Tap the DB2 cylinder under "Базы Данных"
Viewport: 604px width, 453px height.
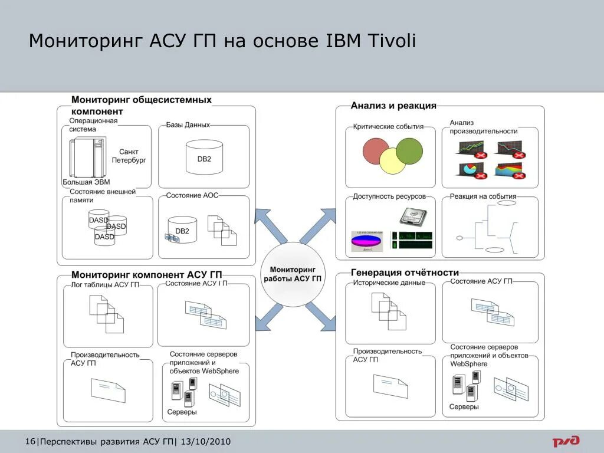coord(204,157)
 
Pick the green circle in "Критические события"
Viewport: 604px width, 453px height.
coord(409,151)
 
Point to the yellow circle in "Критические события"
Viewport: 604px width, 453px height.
coord(392,161)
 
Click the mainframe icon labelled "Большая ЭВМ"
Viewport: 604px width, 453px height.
coord(87,157)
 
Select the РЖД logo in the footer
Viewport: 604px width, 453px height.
coord(566,441)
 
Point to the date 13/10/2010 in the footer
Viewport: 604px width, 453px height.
coord(206,442)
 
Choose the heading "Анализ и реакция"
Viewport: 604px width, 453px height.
coord(393,106)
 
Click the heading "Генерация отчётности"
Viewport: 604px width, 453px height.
coord(405,273)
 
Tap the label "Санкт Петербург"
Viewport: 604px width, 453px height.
coord(129,156)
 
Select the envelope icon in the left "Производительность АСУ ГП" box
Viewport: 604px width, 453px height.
coord(108,389)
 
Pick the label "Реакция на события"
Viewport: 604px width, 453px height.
coord(482,196)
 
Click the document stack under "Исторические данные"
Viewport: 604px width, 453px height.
coord(389,310)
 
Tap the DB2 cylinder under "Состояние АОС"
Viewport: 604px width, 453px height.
coord(182,231)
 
